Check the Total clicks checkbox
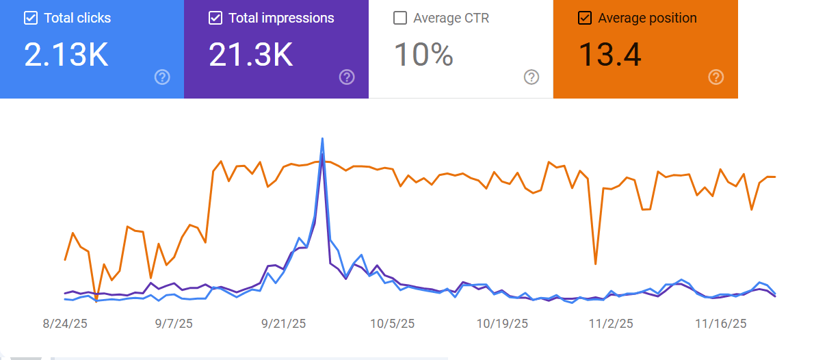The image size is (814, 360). pyautogui.click(x=31, y=18)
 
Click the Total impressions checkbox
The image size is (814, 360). pyautogui.click(x=215, y=18)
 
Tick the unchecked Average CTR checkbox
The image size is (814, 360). pyautogui.click(x=400, y=18)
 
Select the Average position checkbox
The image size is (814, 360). pyautogui.click(x=585, y=18)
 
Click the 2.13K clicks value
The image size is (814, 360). pyautogui.click(x=66, y=55)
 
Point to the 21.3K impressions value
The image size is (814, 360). pyautogui.click(x=251, y=55)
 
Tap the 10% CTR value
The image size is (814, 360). pyautogui.click(x=423, y=55)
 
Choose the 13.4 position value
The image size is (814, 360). pyautogui.click(x=610, y=55)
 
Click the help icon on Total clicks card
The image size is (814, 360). pyautogui.click(x=162, y=77)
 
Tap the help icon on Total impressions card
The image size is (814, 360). pyautogui.click(x=347, y=77)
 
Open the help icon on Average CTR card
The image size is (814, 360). pyautogui.click(x=531, y=77)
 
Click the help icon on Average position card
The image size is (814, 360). pyautogui.click(x=716, y=77)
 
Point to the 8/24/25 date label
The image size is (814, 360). pyautogui.click(x=65, y=324)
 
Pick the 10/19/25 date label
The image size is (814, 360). pyautogui.click(x=502, y=324)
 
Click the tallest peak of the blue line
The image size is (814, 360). pyautogui.click(x=322, y=139)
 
